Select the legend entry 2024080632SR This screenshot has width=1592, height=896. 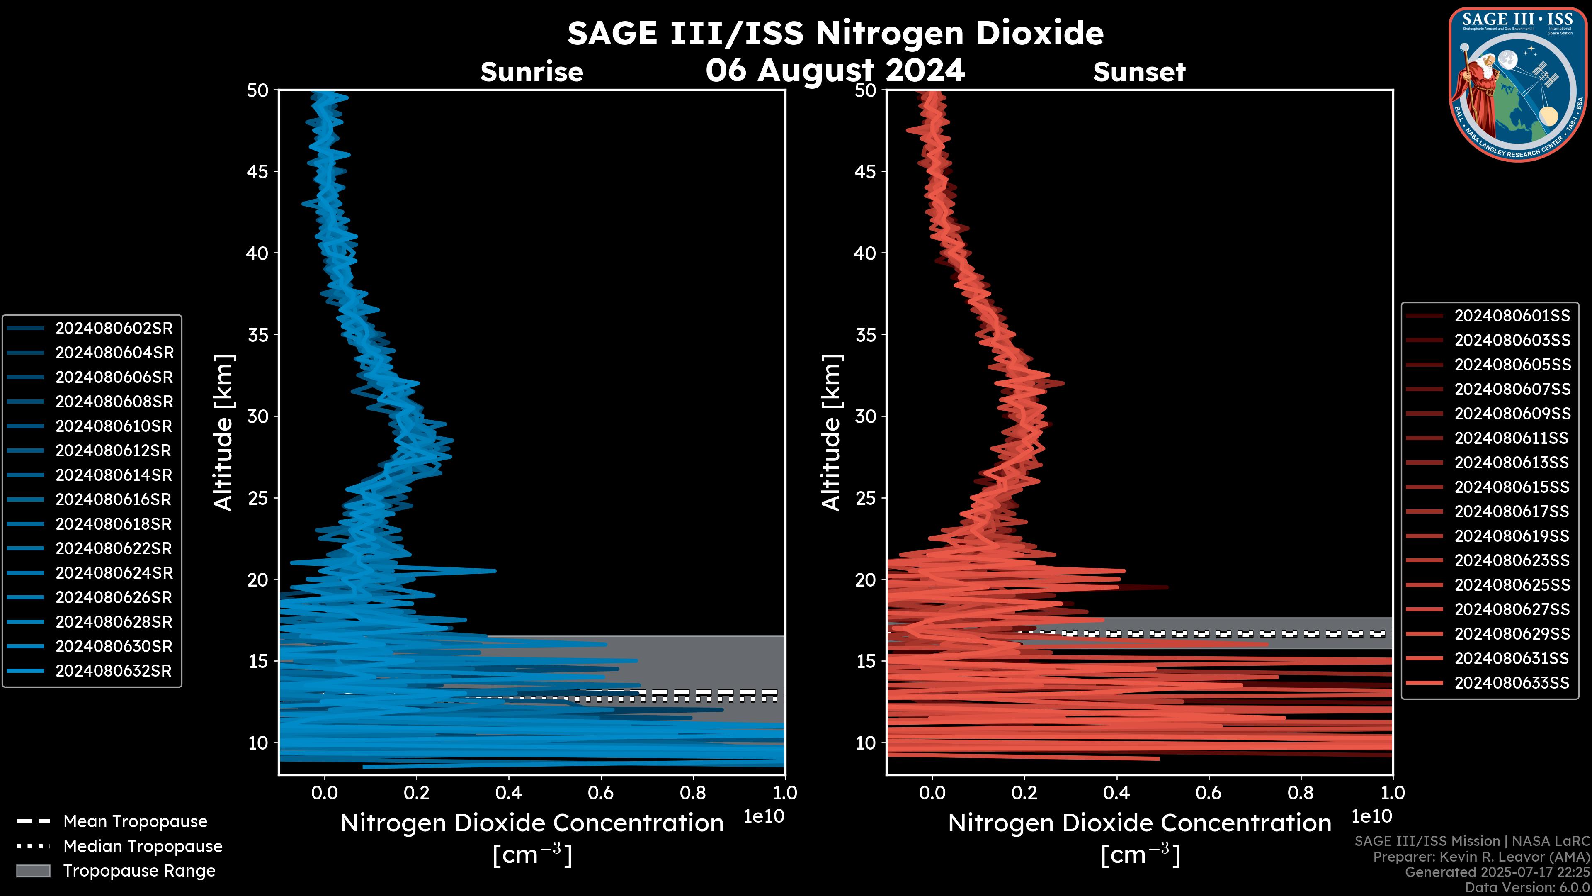[x=114, y=671]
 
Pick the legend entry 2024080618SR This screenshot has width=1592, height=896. [x=114, y=524]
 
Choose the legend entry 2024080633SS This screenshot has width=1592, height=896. [x=1512, y=683]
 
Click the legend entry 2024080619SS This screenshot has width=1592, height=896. [x=1512, y=536]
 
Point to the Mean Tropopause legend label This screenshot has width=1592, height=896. [x=135, y=822]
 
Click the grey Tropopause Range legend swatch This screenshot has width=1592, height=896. [x=33, y=871]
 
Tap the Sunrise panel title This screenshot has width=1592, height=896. [x=531, y=72]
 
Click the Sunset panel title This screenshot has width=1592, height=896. [x=1139, y=72]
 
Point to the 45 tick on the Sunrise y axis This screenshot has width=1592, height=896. [x=258, y=172]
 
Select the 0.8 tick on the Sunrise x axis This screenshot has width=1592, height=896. [x=693, y=793]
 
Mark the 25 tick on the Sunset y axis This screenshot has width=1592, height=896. [x=865, y=498]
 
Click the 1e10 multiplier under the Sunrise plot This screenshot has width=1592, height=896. [x=764, y=817]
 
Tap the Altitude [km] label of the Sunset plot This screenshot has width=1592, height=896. [x=831, y=433]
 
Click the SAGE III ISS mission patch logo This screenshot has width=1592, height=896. [x=1518, y=84]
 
